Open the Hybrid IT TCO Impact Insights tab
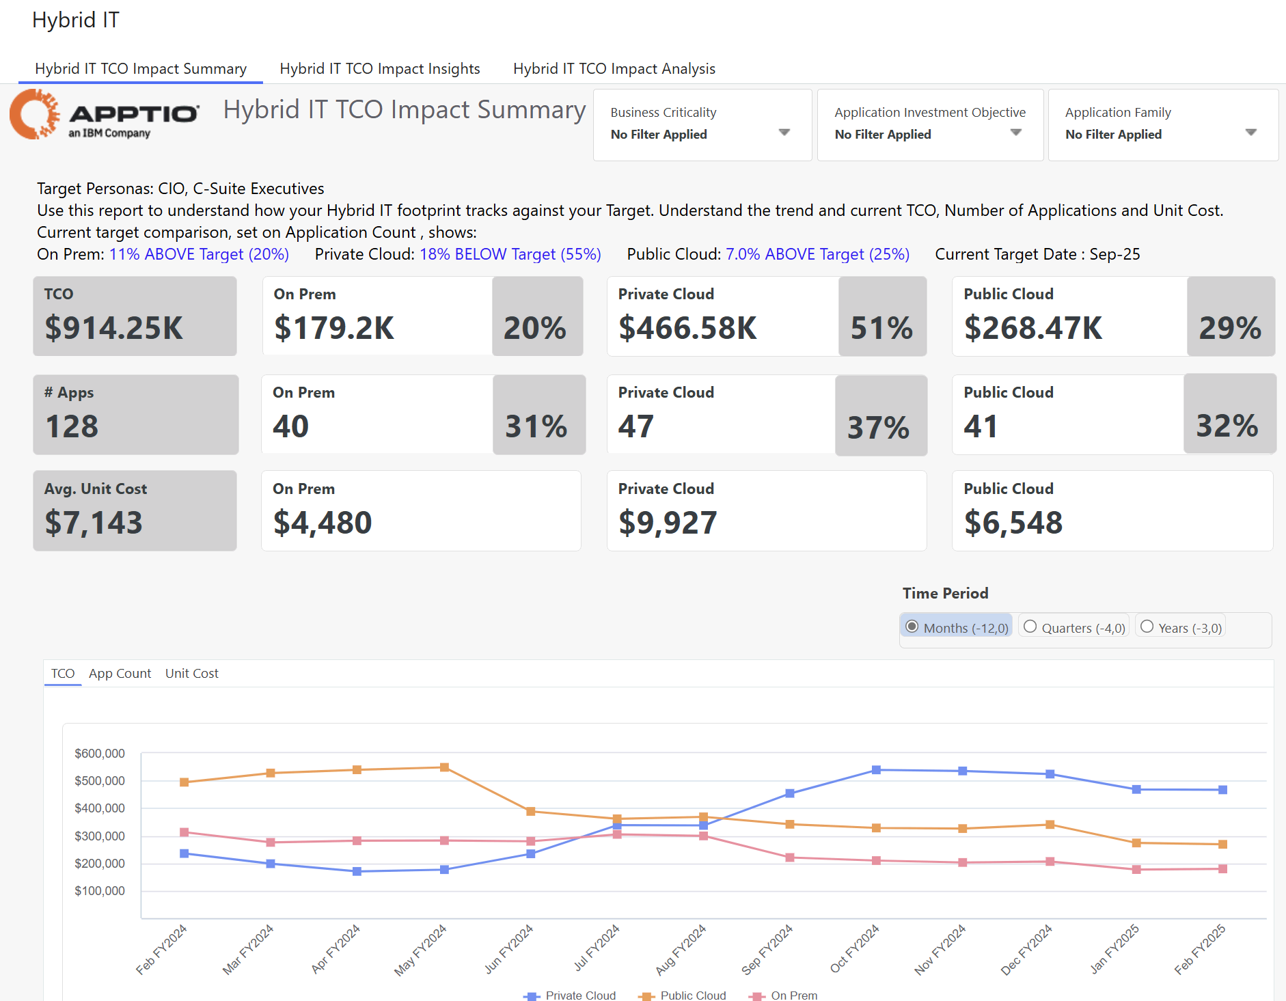(x=380, y=69)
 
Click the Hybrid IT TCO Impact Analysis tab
(x=614, y=69)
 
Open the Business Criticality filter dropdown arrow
(x=784, y=133)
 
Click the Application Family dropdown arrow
(x=1250, y=133)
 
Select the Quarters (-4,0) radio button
(x=1030, y=627)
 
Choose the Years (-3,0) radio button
(x=1147, y=627)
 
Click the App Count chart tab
(x=120, y=674)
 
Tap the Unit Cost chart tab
(x=191, y=674)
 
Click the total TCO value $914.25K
(x=114, y=328)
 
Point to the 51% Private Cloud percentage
(x=881, y=328)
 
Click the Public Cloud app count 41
(x=981, y=426)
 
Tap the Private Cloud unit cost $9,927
(x=668, y=523)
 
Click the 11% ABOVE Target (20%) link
(x=199, y=255)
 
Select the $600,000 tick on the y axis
(x=100, y=754)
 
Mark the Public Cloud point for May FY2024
(x=444, y=767)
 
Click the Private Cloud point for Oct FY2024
(x=876, y=770)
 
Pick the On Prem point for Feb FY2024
(x=184, y=832)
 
